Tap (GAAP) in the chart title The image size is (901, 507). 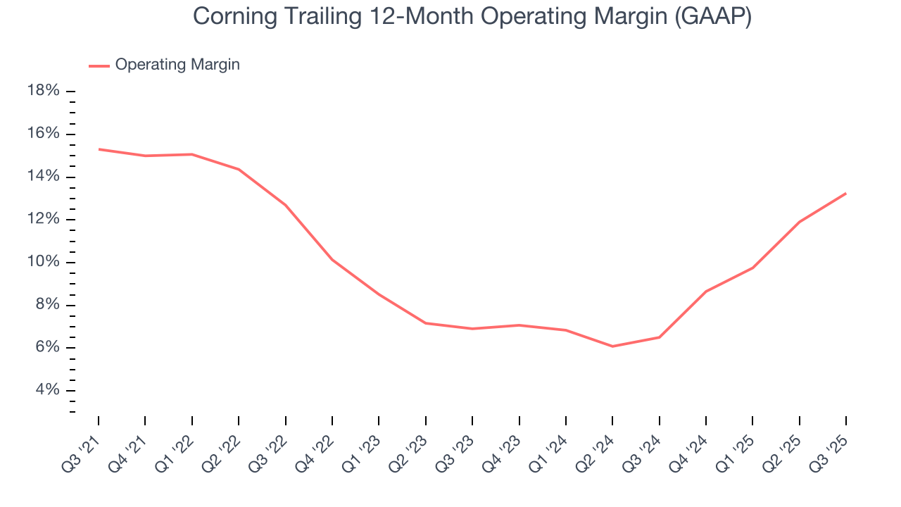tap(712, 17)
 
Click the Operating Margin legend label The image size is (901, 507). tap(177, 65)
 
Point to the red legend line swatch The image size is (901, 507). tap(99, 65)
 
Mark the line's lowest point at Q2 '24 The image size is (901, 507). tap(612, 346)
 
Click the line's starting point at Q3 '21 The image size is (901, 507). tap(99, 149)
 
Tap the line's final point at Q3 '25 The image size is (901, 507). tap(845, 193)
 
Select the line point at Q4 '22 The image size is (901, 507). tap(332, 260)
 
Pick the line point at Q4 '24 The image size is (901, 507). tap(706, 291)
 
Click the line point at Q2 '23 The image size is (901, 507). tap(426, 323)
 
